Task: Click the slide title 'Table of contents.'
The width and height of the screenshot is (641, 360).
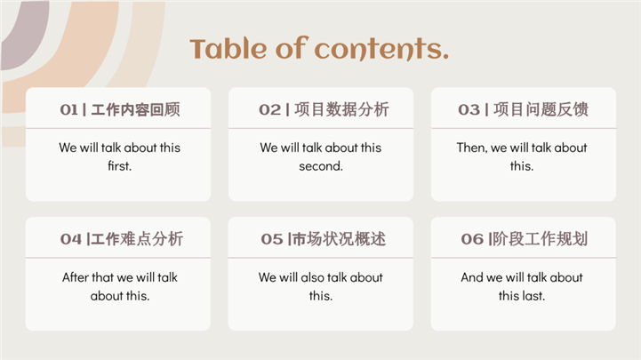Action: (x=319, y=48)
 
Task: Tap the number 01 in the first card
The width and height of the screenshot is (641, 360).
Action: (x=68, y=109)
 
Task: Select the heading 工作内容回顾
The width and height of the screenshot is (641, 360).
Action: (x=135, y=109)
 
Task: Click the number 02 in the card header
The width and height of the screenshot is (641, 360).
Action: (x=269, y=109)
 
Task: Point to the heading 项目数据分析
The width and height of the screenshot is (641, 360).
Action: (x=341, y=109)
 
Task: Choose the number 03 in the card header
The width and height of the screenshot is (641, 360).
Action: (x=469, y=109)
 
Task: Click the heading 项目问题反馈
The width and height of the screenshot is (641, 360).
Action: (x=541, y=109)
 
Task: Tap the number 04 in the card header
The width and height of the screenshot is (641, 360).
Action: (x=71, y=239)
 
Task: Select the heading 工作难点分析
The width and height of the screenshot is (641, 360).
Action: (x=137, y=239)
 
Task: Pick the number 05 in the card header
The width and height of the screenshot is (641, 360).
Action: (x=272, y=239)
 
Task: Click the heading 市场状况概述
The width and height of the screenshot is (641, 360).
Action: (x=339, y=239)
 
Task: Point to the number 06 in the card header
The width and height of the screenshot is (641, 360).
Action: (x=472, y=239)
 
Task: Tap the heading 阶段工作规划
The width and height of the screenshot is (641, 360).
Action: (x=540, y=239)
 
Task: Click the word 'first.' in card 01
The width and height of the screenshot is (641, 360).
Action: (x=120, y=166)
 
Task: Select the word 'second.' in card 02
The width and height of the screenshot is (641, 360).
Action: (x=321, y=166)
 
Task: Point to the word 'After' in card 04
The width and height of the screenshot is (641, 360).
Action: (x=76, y=277)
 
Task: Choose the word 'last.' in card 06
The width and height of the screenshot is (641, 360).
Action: (x=533, y=295)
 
